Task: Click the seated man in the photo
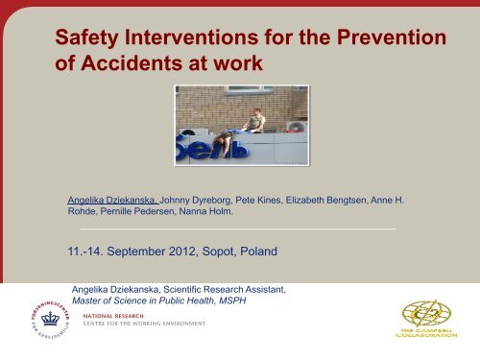tap(255, 121)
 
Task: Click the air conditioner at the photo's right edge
tap(297, 125)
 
